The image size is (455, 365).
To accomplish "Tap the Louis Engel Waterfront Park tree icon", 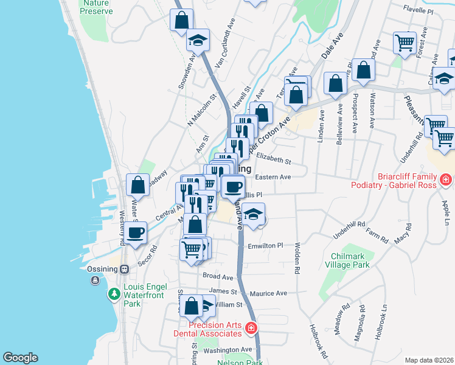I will [x=114, y=294].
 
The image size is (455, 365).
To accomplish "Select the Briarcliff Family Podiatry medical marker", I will [x=445, y=179].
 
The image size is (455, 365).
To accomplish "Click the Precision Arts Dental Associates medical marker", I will [x=250, y=329].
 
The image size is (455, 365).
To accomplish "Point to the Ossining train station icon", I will [x=125, y=269].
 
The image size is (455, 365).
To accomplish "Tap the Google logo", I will [x=20, y=358].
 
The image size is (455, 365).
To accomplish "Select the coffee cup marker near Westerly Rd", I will [x=137, y=232].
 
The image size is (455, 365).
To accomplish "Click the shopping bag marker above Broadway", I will [x=138, y=185].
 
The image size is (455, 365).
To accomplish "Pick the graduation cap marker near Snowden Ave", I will [x=198, y=40].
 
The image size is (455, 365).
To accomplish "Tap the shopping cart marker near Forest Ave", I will [x=405, y=43].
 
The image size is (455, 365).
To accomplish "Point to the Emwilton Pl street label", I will [x=266, y=246].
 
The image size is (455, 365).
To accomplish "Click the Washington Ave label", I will [x=227, y=350].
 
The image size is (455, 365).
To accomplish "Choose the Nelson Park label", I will [x=241, y=363].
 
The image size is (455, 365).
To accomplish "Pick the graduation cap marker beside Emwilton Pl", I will [x=253, y=214].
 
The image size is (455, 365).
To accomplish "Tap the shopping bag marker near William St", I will [x=192, y=307].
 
